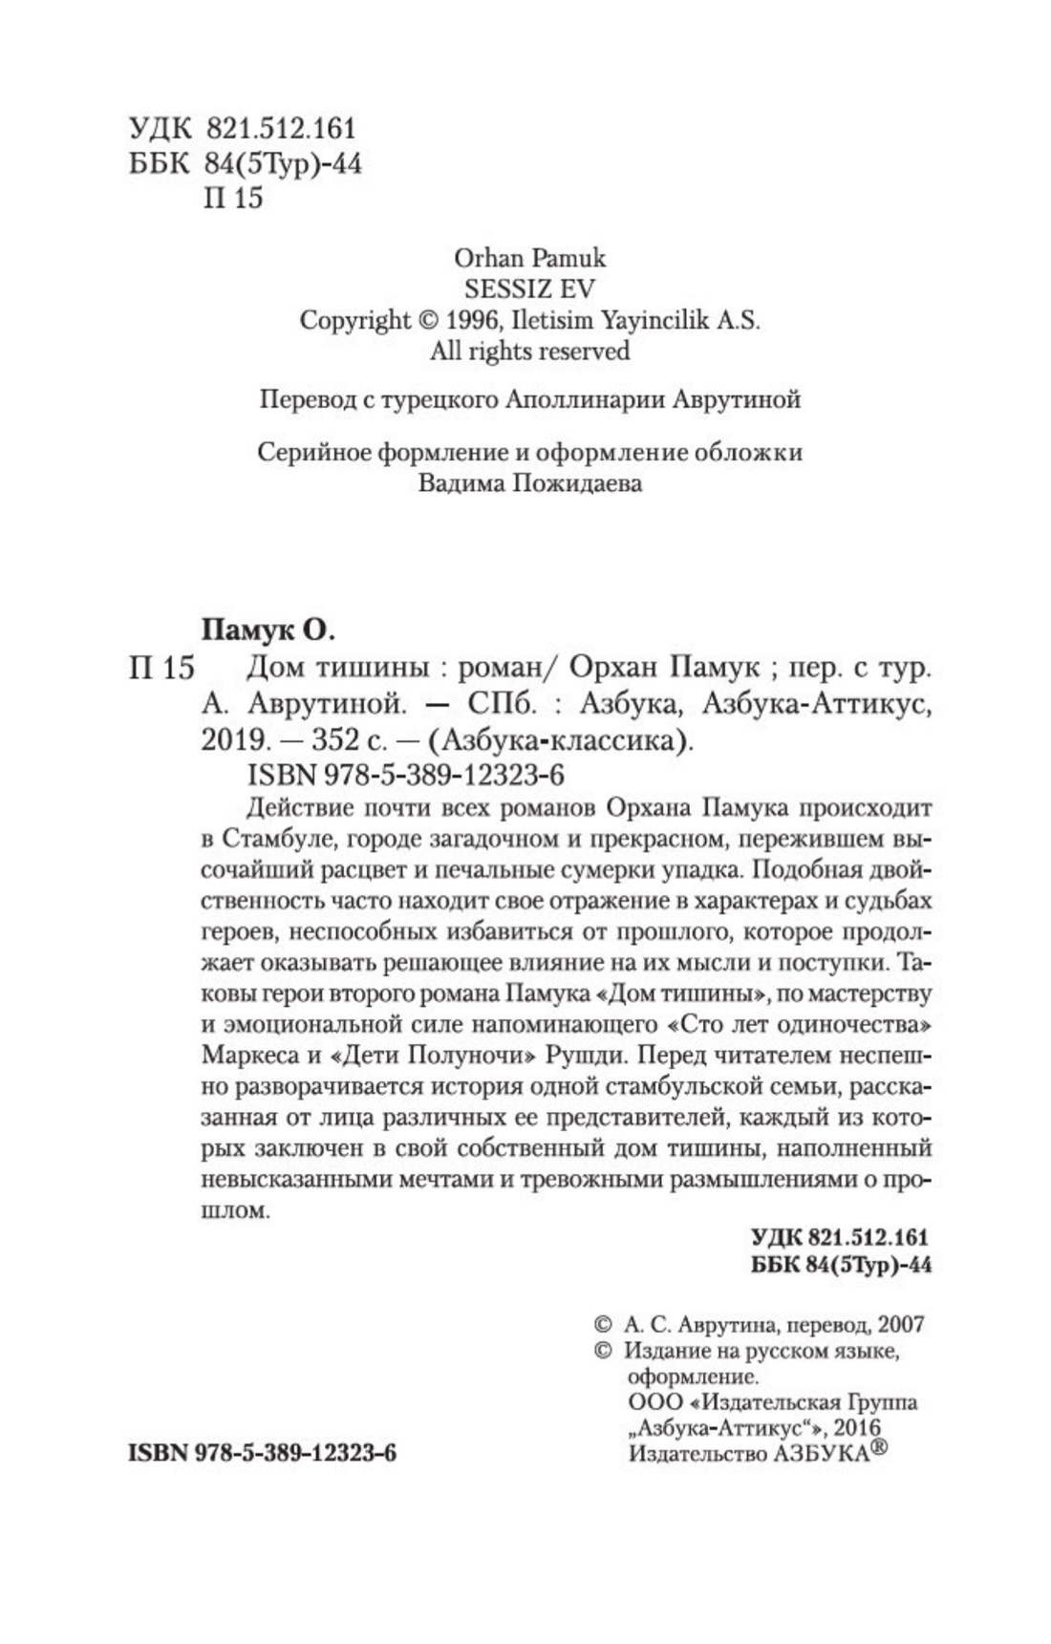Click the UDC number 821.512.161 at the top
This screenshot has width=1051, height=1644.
280,129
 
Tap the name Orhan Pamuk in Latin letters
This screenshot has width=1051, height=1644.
530,257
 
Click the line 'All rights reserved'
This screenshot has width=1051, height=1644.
530,351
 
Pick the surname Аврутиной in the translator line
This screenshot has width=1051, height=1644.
737,399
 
